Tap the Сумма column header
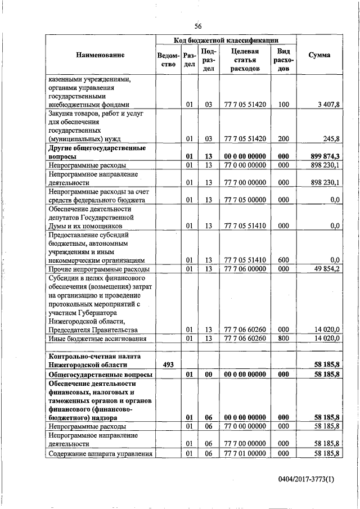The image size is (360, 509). coord(319,55)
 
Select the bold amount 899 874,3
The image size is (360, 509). coord(326,157)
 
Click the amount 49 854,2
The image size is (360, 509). coord(326,269)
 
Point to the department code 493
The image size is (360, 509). coord(168,364)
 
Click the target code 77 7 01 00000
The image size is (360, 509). coord(245,453)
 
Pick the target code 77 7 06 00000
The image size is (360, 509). coord(245,269)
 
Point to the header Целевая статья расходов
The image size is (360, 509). coord(245,60)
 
